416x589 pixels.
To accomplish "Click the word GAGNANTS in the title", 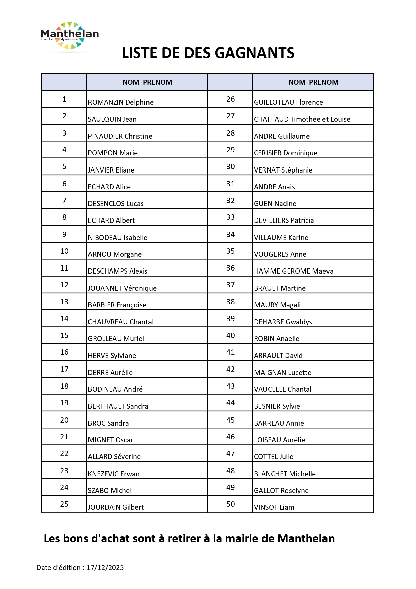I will click(254, 53).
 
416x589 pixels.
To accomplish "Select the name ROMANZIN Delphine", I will click(121, 102).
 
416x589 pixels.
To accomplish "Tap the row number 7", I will click(64, 200).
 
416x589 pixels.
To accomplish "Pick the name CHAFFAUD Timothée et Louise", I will click(302, 119).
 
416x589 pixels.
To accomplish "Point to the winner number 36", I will click(230, 268).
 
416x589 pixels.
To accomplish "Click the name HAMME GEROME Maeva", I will click(294, 271).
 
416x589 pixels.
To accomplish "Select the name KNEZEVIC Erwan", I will click(114, 474).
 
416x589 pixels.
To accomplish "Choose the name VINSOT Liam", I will click(274, 507).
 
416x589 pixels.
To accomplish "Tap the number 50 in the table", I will click(230, 504).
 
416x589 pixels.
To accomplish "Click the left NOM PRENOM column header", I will click(147, 82).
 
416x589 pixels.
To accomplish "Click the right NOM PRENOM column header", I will click(313, 82).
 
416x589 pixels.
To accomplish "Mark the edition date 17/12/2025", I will click(105, 568).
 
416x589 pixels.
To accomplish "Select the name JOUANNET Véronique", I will click(122, 288).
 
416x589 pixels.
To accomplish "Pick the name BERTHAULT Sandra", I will click(118, 406).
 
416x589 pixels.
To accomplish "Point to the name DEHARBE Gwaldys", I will click(283, 322).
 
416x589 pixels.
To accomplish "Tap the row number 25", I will click(64, 504).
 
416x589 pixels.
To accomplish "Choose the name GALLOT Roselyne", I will click(281, 491).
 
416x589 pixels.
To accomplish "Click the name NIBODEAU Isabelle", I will click(118, 238).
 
